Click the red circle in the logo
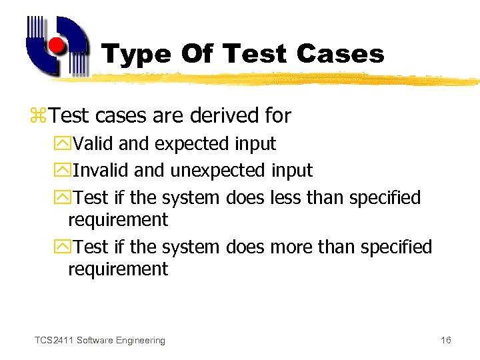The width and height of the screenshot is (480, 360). (x=58, y=46)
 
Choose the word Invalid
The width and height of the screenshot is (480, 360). (x=101, y=171)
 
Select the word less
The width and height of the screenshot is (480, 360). (x=285, y=198)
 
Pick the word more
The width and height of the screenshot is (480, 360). (x=291, y=247)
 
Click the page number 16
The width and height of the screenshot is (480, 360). (x=446, y=341)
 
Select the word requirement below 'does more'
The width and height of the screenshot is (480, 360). (x=118, y=269)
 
